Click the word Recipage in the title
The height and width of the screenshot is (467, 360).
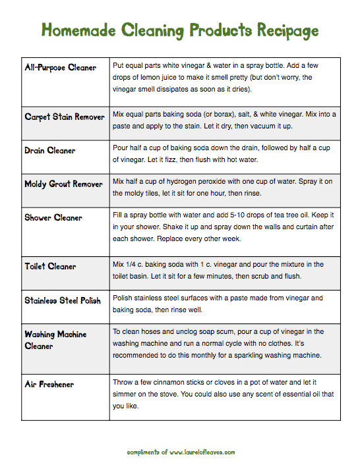click(285, 30)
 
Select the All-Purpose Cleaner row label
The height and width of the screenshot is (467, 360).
click(60, 67)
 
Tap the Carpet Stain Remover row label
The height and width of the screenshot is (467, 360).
click(65, 117)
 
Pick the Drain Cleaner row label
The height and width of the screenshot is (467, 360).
click(50, 150)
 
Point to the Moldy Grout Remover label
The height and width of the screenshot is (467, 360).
click(63, 184)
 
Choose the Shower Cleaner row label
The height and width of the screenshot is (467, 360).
click(53, 217)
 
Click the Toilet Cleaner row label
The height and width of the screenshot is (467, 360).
click(50, 266)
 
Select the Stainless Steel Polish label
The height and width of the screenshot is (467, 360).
click(63, 300)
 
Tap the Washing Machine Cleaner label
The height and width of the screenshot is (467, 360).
click(55, 340)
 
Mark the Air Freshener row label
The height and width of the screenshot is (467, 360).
click(49, 384)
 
